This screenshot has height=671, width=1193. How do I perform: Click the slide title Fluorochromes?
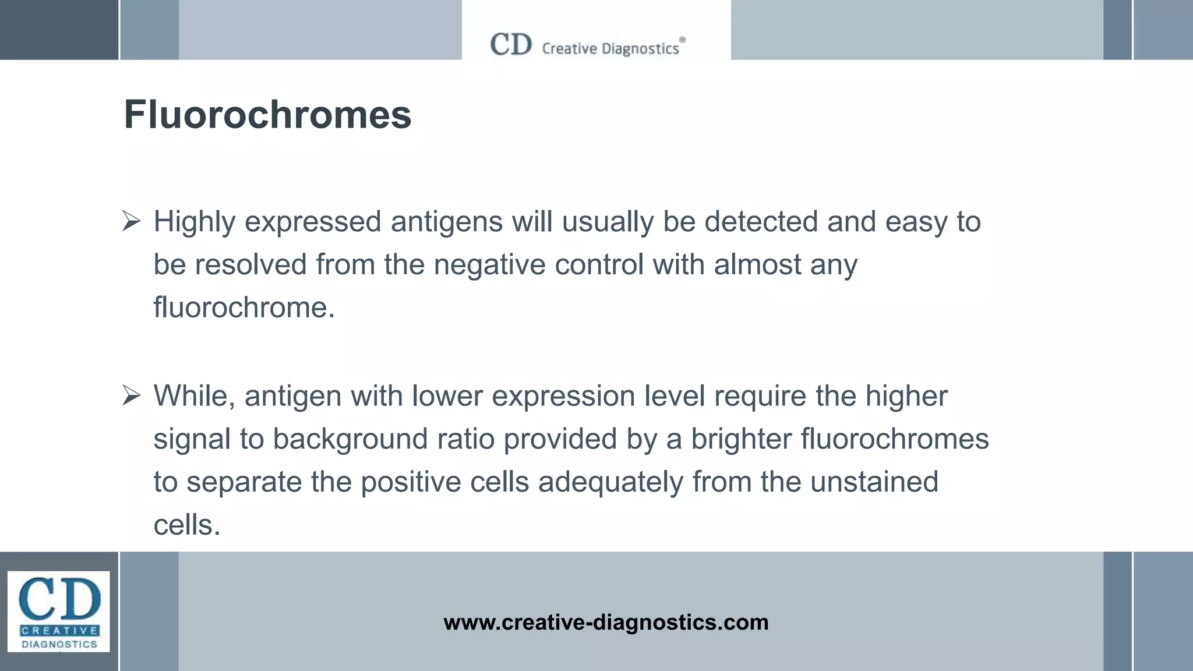coord(267,114)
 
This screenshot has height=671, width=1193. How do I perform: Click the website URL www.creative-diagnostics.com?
coord(606,622)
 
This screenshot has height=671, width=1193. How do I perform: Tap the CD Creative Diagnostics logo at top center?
coord(587,45)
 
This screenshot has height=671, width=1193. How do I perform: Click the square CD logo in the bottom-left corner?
coord(58,611)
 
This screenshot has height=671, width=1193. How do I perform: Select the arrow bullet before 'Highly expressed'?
coord(132,222)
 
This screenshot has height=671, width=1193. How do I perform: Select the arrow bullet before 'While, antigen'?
coord(132,396)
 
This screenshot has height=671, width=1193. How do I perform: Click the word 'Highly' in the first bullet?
coord(194,222)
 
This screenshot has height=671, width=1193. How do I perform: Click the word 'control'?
coord(599,265)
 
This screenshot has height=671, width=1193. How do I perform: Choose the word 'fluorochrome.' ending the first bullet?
coord(244,308)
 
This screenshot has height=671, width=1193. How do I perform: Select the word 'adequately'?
coord(610,482)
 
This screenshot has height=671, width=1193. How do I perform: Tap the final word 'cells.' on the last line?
coord(187,525)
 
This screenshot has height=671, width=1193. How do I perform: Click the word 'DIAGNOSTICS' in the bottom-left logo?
coord(59,644)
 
